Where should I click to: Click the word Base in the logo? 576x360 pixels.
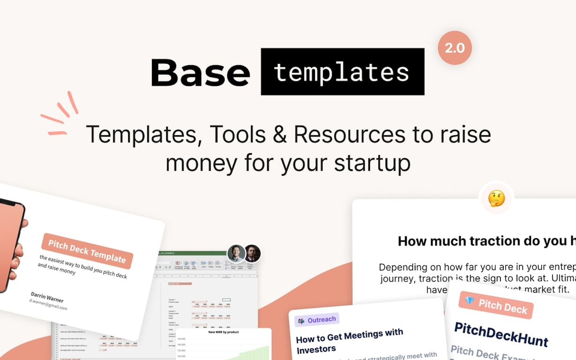coord(200,73)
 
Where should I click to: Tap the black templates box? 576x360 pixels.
coord(342,72)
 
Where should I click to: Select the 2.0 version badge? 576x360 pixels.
coord(455,48)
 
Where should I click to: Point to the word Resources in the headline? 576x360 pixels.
coord(350,135)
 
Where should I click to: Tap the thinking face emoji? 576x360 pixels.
coord(496,198)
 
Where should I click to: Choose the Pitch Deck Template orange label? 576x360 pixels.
coord(87,250)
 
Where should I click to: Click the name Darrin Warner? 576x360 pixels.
coord(47,297)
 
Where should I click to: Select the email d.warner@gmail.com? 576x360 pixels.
coord(48,306)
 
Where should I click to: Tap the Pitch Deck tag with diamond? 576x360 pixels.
coord(496,305)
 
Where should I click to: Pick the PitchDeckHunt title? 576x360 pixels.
coord(500,333)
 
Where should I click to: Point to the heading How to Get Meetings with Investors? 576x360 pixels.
coord(349,341)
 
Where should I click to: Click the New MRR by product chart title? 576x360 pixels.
coord(224,332)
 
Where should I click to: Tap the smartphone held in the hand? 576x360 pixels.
coord(9,244)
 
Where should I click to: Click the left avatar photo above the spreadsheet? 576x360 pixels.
coord(236,253)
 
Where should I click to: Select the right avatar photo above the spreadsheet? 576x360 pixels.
coord(252,253)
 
